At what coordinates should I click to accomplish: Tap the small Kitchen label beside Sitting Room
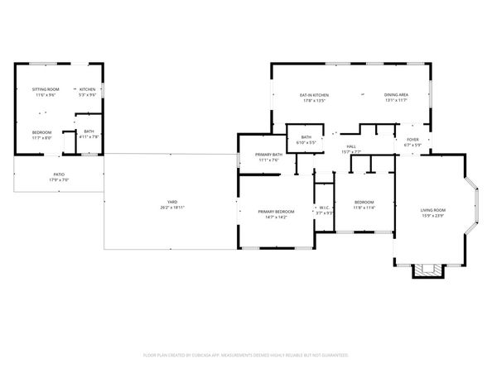[x=88, y=88]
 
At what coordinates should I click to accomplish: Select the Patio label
[x=59, y=174]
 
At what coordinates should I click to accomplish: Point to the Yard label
[x=172, y=202]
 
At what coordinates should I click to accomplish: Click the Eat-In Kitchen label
[x=312, y=96]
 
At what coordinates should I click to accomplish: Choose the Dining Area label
[x=395, y=96]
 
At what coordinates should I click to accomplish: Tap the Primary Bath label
[x=268, y=155]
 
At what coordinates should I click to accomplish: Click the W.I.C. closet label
[x=325, y=208]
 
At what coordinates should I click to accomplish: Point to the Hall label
[x=351, y=146]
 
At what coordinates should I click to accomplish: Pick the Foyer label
[x=412, y=140]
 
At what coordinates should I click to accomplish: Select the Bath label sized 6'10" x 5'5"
[x=306, y=137]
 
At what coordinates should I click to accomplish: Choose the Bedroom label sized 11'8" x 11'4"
[x=364, y=203]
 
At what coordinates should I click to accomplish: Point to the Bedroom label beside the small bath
[x=41, y=132]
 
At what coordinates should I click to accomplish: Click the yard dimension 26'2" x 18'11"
[x=172, y=207]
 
